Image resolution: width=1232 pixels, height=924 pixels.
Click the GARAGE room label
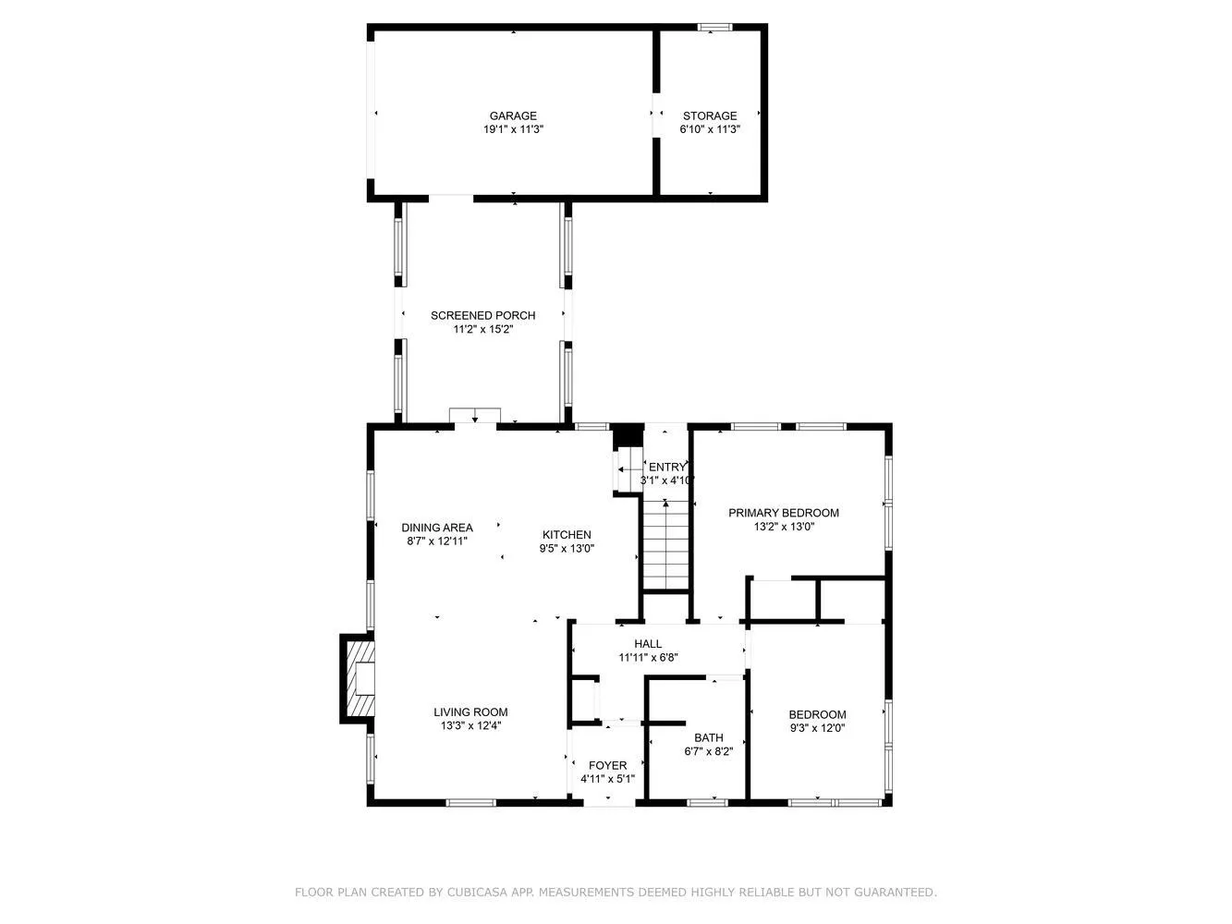click(x=513, y=116)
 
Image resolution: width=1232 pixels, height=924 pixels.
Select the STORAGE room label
click(x=710, y=116)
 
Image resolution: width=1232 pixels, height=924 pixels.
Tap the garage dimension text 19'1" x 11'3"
click(x=513, y=130)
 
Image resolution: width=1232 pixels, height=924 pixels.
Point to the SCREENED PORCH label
click(x=482, y=316)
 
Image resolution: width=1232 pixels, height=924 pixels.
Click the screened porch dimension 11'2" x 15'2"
click(x=482, y=330)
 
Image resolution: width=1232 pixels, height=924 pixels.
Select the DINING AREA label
click(x=437, y=529)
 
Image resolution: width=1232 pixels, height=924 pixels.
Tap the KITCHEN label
click(x=567, y=535)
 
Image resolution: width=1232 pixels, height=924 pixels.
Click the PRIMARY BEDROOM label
click(x=784, y=513)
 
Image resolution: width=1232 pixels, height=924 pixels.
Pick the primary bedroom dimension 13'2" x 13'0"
click(x=784, y=527)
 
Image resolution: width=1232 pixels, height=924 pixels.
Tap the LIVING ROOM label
click(x=470, y=712)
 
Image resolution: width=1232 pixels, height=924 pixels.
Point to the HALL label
click(x=648, y=644)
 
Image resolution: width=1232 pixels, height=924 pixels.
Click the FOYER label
click(x=607, y=766)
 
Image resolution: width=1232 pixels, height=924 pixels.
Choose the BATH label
click(x=709, y=738)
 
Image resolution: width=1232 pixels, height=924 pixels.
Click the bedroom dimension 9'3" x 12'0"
click(x=817, y=728)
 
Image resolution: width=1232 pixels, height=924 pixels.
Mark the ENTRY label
click(x=667, y=468)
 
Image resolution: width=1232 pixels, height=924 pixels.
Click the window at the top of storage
click(x=714, y=28)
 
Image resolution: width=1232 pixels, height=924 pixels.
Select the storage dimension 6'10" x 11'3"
click(x=710, y=130)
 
